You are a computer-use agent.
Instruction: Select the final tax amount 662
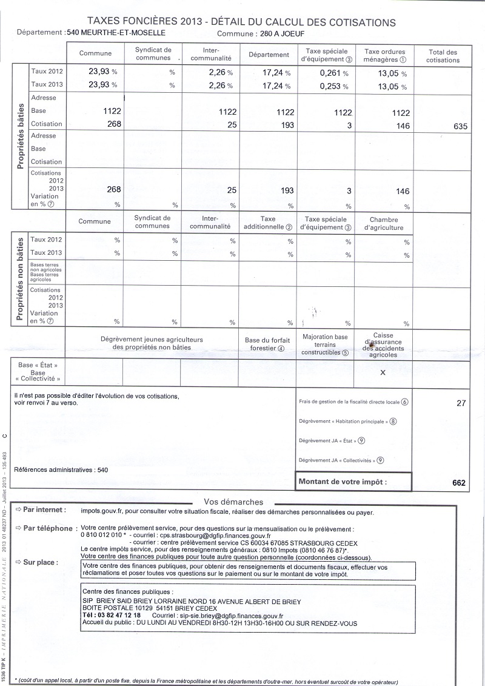pyautogui.click(x=458, y=483)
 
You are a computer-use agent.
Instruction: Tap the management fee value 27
pyautogui.click(x=460, y=402)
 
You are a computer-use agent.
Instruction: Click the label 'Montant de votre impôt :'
pyautogui.click(x=343, y=482)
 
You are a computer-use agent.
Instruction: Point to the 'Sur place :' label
pyautogui.click(x=41, y=562)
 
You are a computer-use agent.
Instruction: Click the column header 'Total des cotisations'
pyautogui.click(x=443, y=56)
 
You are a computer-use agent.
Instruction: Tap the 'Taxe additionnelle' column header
pyautogui.click(x=267, y=223)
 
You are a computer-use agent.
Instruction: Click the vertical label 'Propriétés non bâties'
pyautogui.click(x=20, y=278)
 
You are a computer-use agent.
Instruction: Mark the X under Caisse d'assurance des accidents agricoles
pyautogui.click(x=383, y=372)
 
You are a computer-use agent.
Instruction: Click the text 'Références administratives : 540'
pyautogui.click(x=61, y=469)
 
